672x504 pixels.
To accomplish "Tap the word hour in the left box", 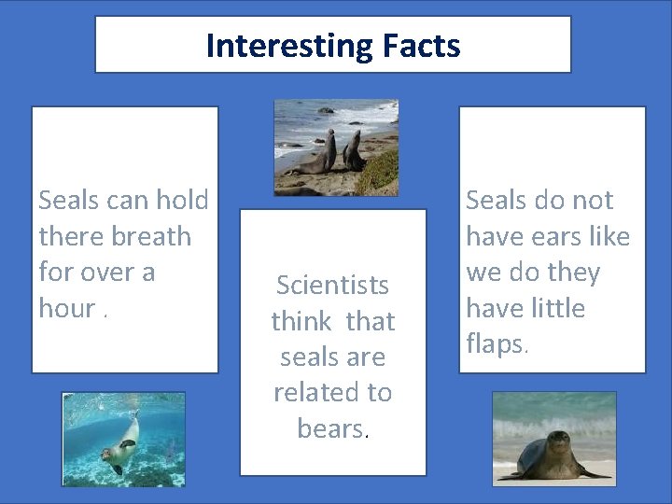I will click(x=67, y=308).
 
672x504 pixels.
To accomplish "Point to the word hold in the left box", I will click(x=182, y=200).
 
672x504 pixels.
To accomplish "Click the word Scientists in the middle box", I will click(x=332, y=286).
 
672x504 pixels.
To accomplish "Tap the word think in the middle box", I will click(x=301, y=322).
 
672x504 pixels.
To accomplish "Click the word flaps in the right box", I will click(x=495, y=344).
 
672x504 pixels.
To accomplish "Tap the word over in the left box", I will click(x=109, y=273).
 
